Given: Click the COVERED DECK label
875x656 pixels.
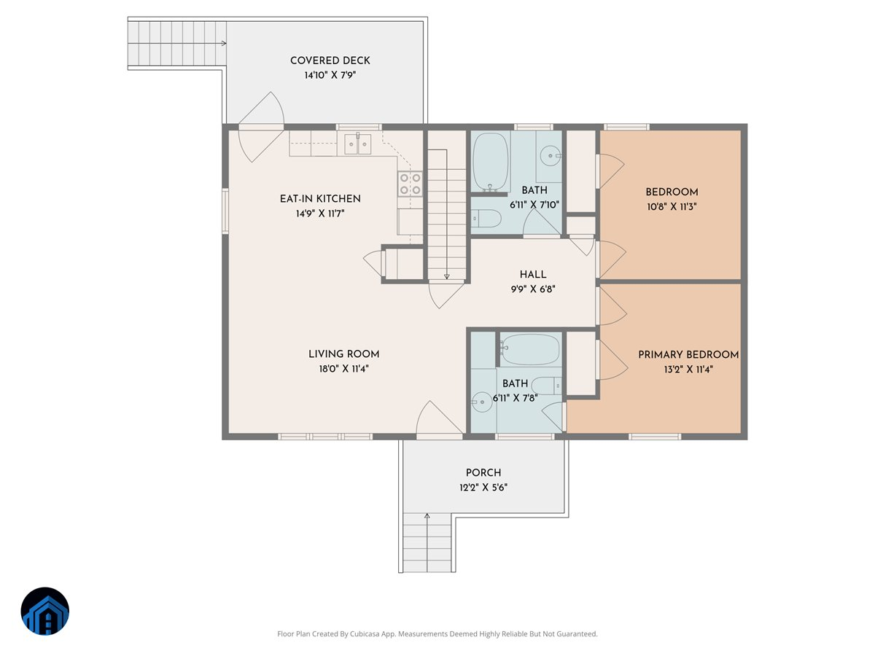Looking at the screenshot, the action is coord(330,60).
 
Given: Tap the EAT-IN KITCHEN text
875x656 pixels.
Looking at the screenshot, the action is coord(320,199).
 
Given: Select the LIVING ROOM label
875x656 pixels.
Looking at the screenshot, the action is coord(343,354).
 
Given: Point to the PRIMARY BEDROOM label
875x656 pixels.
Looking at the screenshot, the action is coord(688,354).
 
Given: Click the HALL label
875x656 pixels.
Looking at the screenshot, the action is coord(532,275).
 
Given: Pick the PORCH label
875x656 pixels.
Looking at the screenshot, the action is coord(483,473).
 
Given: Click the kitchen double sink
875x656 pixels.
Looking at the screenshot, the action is coord(357,144).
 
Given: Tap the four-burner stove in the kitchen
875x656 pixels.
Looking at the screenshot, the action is coord(411,184).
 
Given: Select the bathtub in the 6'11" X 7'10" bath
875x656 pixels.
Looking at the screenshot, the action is coord(490,162).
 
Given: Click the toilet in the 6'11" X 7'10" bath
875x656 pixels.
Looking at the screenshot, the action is coord(486,219).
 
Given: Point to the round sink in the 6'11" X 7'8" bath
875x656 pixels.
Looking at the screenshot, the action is coord(482,402).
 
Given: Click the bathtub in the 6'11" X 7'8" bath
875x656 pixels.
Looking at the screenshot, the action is coord(530,350).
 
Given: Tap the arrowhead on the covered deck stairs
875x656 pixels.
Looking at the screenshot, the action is coord(224,43).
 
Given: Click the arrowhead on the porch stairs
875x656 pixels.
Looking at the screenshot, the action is coord(427,516).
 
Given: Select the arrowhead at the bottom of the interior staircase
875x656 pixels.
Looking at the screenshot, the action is coord(446,276).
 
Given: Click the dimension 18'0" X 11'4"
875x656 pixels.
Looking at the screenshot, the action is coord(343,369).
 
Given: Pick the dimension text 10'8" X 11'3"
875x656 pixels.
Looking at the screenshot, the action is coord(672,207).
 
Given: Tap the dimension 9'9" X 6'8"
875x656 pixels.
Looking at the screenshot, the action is coord(533,289).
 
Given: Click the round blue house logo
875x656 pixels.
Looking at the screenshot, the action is coord(45,611).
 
